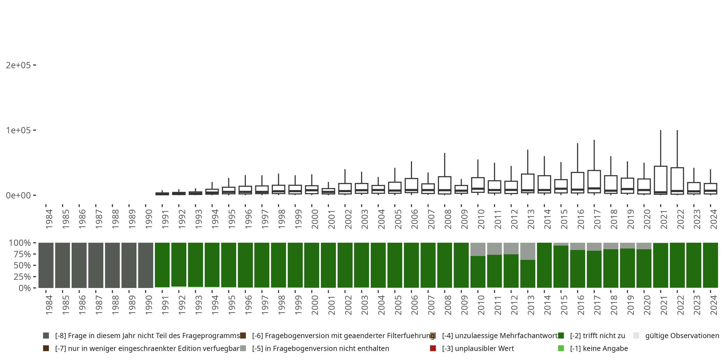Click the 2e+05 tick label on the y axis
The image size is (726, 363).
pyautogui.click(x=18, y=65)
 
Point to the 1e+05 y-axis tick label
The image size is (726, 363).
pyautogui.click(x=18, y=130)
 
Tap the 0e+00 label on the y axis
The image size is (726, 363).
pyautogui.click(x=18, y=195)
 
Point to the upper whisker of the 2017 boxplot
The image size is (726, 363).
pyautogui.click(x=594, y=155)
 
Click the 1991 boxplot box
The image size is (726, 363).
pyautogui.click(x=162, y=194)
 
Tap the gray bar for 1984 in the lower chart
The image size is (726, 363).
pyautogui.click(x=46, y=265)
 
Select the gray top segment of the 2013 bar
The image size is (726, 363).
pyautogui.click(x=528, y=251)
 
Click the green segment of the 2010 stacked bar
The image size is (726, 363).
pyautogui.click(x=478, y=272)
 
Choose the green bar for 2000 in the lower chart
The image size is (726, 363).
pyautogui.click(x=312, y=265)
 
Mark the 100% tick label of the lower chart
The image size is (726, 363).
pyautogui.click(x=20, y=243)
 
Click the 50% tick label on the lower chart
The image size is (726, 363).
pyautogui.click(x=22, y=265)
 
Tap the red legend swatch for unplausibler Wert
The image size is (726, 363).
pyautogui.click(x=433, y=348)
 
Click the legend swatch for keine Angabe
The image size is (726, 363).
pyautogui.click(x=561, y=348)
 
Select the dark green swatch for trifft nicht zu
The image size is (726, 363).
pyautogui.click(x=561, y=336)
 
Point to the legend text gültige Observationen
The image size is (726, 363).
pyautogui.click(x=682, y=336)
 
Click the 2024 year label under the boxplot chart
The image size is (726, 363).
pyautogui.click(x=713, y=219)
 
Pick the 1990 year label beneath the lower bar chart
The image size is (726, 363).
pyautogui.click(x=149, y=305)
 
